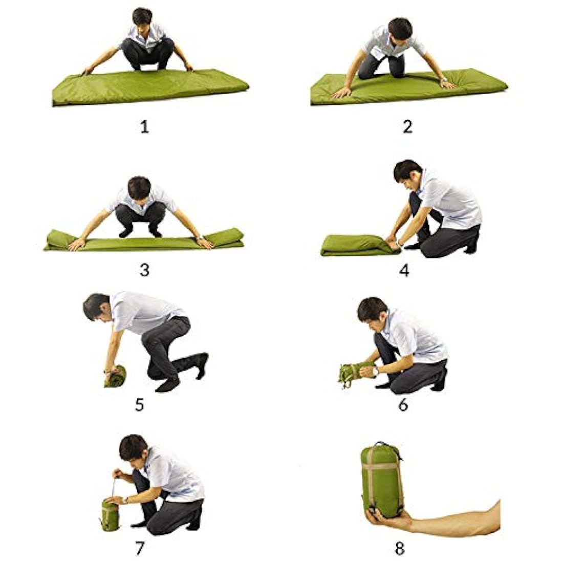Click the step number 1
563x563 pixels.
[x=144, y=127]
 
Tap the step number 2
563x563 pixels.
[x=407, y=127]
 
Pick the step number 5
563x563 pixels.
[x=139, y=405]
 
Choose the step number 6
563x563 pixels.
[x=403, y=405]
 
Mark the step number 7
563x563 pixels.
[x=139, y=548]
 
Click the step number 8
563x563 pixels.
[x=400, y=548]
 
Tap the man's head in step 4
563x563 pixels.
[x=408, y=175]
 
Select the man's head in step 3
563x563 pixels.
[x=139, y=189]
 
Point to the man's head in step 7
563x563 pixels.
[x=134, y=449]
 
